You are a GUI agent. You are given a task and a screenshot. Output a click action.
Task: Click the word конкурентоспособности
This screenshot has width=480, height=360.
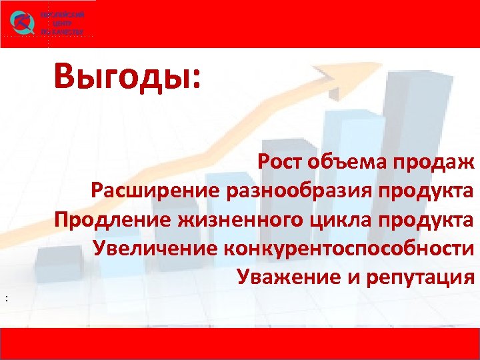[x=351, y=248]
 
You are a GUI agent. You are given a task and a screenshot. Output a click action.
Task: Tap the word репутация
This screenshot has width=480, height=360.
[x=421, y=277]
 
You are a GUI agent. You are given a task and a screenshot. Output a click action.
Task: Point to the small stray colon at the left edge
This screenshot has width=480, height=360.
[x=6, y=298]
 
